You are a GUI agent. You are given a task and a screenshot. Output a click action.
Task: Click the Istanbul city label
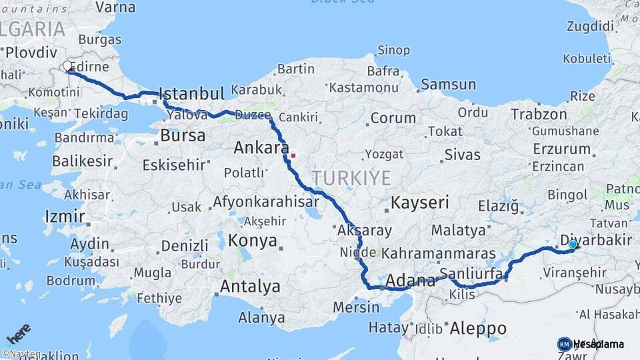pos(192,93)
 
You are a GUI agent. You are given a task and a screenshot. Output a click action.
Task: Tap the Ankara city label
pos(261,147)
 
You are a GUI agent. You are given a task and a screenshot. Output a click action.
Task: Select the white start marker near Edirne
pos(67,66)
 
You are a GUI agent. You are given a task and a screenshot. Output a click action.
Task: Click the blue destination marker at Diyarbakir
pos(573,245)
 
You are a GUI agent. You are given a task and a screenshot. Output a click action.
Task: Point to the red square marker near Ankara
pos(292,156)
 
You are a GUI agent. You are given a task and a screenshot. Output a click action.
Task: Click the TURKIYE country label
pos(351,177)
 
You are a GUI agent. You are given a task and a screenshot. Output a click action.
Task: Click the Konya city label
pos(253,241)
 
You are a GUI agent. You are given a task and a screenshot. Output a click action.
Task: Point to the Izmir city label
pos(65,216)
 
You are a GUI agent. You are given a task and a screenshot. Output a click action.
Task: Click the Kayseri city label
pos(420,202)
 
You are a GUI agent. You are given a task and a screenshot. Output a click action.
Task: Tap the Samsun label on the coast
pos(448,84)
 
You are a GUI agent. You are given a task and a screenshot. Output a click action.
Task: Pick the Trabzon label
pos(539,114)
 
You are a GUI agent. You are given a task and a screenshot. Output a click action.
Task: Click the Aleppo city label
pos(478,328)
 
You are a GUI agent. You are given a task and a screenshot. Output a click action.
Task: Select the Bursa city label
pos(183,135)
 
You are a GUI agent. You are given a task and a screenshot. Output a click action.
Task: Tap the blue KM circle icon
pos(564,344)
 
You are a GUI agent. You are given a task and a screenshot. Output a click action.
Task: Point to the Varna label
pos(115,7)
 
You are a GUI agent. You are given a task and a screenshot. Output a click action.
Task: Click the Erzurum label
pos(561,148)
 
